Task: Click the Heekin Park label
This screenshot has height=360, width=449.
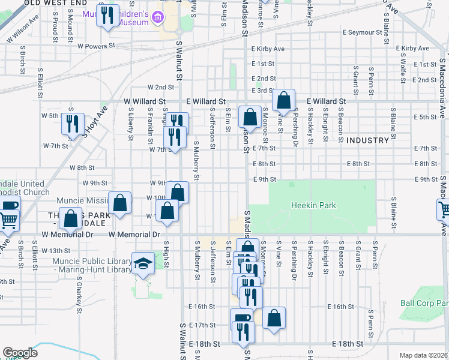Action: [313, 205]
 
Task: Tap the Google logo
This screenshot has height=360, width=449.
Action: [20, 353]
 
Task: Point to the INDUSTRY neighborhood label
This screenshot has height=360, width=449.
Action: [367, 140]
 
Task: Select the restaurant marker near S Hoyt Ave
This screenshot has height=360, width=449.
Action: [72, 124]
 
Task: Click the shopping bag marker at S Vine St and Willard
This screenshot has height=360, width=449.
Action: [284, 100]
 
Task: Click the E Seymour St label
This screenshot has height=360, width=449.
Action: [363, 32]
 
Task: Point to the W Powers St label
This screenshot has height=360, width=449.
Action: [96, 46]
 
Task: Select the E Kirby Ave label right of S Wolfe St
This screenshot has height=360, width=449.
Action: [415, 49]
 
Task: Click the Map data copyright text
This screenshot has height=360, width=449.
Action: [423, 355]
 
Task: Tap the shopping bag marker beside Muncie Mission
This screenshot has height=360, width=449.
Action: [120, 202]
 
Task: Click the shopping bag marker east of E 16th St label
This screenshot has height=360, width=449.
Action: [274, 317]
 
